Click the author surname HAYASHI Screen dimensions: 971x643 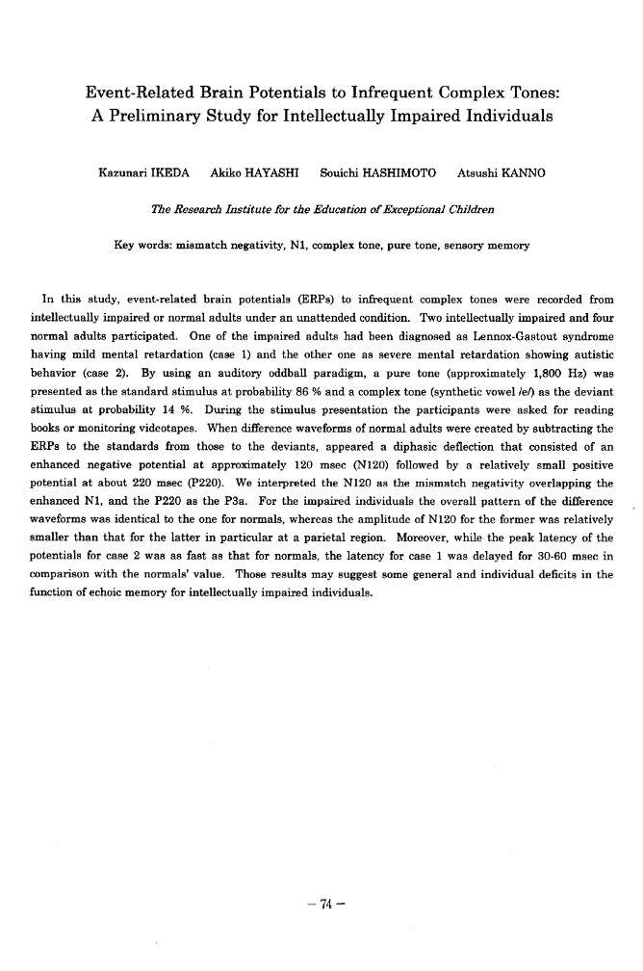click(270, 173)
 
